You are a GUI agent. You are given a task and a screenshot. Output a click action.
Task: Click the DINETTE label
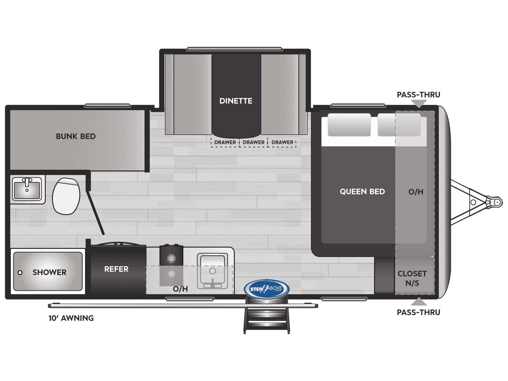click(x=236, y=101)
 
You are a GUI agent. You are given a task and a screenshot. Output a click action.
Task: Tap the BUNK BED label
click(x=76, y=136)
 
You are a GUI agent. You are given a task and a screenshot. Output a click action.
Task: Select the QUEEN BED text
click(x=362, y=192)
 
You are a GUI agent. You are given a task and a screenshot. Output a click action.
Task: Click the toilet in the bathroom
click(x=66, y=196)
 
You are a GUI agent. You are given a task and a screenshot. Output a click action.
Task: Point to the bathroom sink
click(x=27, y=189)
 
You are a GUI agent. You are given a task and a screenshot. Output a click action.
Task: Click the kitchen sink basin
click(x=213, y=270)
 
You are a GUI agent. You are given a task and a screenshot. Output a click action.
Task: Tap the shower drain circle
click(x=20, y=273)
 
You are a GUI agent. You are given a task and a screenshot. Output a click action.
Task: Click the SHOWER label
click(x=49, y=272)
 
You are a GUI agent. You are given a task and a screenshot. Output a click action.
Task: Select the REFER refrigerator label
click(x=116, y=269)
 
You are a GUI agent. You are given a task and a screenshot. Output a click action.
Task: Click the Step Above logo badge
click(x=266, y=289)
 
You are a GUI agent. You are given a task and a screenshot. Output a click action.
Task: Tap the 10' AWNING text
click(x=71, y=318)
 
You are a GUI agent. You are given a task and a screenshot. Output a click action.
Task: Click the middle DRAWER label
click(x=253, y=142)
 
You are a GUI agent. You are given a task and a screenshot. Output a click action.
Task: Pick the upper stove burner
click(x=171, y=258)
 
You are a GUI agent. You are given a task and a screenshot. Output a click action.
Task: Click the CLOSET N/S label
click(x=412, y=278)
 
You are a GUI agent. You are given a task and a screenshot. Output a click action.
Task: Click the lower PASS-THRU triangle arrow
click(x=419, y=302)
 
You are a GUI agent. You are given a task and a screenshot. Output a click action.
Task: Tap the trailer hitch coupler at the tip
click(x=497, y=202)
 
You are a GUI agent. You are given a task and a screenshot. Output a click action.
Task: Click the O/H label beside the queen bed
click(x=416, y=192)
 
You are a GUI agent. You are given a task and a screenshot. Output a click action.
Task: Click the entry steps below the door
click(x=266, y=319)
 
